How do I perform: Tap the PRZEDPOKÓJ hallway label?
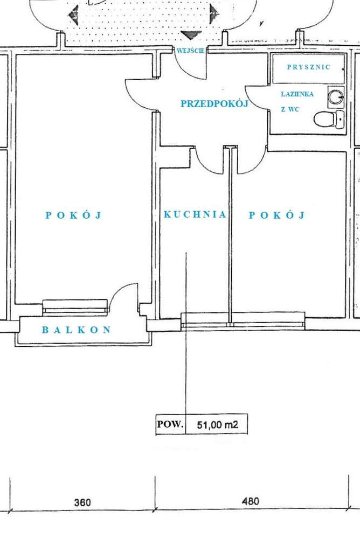pos(214,104)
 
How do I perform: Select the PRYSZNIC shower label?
pos(308,67)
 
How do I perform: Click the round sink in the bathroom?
pos(336,96)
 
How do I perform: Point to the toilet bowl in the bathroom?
pos(326,118)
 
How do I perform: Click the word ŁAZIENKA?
pos(296,94)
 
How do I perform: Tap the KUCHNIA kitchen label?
pos(195,214)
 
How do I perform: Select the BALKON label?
pos(77,330)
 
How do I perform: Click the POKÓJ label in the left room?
pos(73,215)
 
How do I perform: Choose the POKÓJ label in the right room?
pos(276,215)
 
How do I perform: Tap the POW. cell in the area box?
pos(170,424)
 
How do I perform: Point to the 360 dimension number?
pos(82,502)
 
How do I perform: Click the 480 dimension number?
pos(250,501)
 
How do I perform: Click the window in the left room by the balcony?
pos(75,306)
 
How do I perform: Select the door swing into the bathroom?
pos(256,97)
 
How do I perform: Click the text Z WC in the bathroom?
pos(290,109)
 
